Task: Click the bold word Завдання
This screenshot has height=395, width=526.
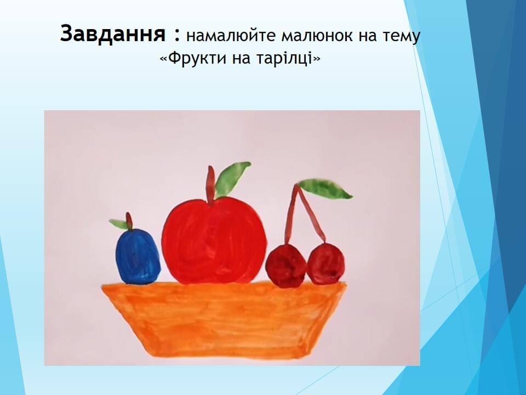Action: (x=113, y=34)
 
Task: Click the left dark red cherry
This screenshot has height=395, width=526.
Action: (x=286, y=266)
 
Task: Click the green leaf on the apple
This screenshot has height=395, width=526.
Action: (x=231, y=179)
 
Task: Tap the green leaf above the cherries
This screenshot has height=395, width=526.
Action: (x=325, y=189)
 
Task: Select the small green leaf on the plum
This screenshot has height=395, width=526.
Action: (x=118, y=224)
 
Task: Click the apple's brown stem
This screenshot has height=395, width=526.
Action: (x=210, y=184)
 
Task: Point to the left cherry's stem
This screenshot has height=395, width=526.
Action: (x=290, y=213)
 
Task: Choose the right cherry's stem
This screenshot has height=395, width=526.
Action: (x=311, y=215)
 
